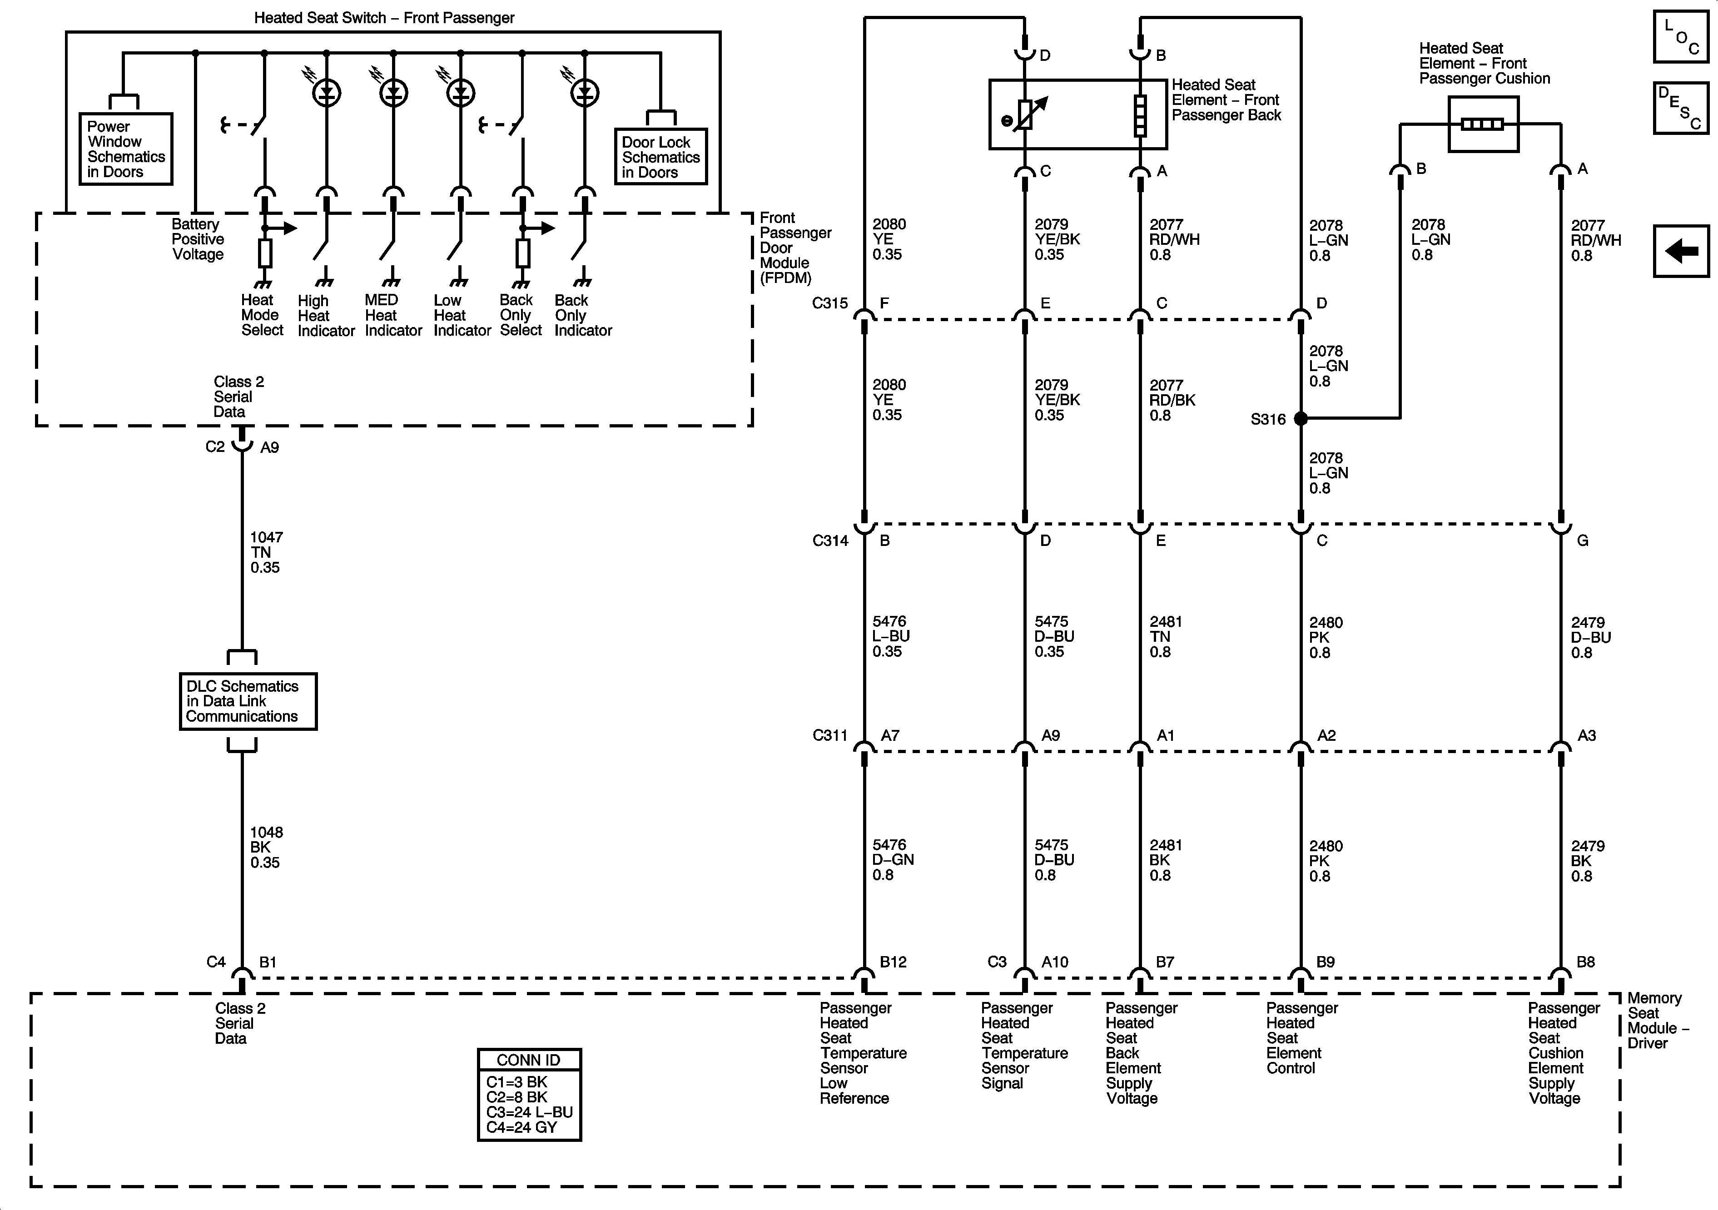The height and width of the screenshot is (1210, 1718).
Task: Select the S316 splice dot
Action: (x=1301, y=418)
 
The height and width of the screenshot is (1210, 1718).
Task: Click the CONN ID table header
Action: (x=529, y=1060)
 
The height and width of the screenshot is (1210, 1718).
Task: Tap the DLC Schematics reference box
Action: (x=248, y=701)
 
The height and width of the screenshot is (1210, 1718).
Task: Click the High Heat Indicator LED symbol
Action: (x=326, y=93)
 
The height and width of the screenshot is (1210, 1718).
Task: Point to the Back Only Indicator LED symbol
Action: (x=585, y=93)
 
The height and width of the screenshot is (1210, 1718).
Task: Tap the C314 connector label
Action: (x=830, y=540)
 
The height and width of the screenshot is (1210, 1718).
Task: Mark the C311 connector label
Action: (x=830, y=735)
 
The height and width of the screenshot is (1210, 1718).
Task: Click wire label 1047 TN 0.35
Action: (x=266, y=552)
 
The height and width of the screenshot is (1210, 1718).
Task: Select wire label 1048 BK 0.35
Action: (x=266, y=847)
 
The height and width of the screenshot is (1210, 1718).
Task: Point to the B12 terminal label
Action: (x=893, y=962)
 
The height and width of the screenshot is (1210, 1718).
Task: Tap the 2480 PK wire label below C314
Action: (x=1325, y=638)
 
